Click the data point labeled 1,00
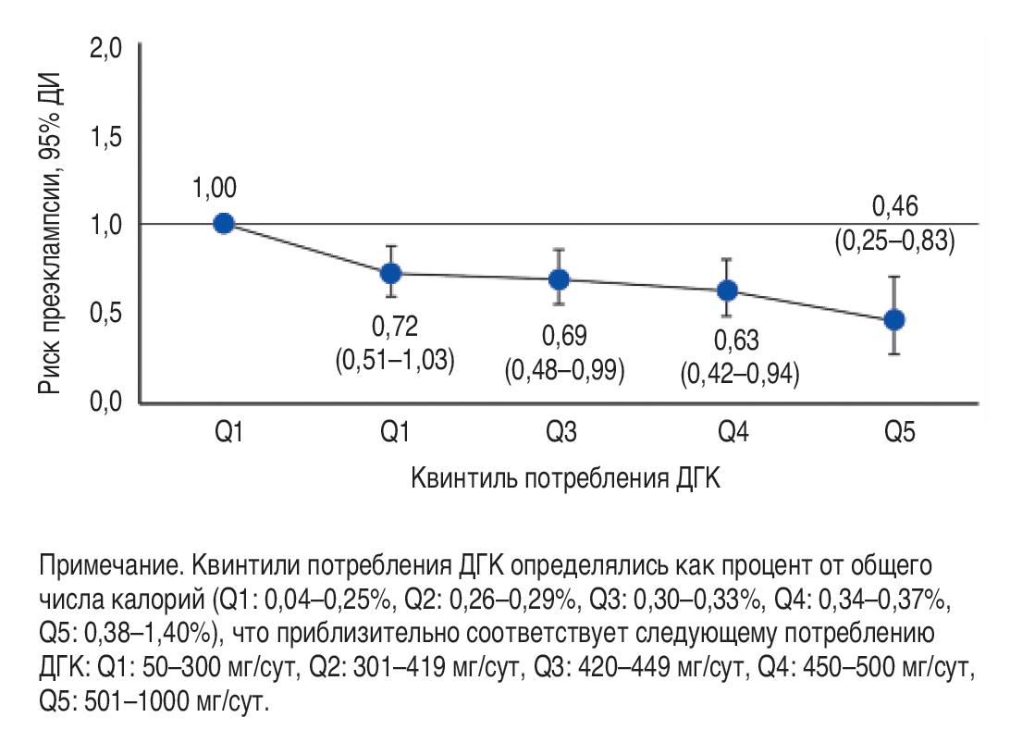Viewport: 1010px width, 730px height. click(223, 223)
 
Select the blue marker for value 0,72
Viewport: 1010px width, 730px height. click(391, 273)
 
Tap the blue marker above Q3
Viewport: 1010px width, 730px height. click(559, 278)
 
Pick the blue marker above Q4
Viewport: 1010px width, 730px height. click(727, 291)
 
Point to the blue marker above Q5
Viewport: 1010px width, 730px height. click(894, 319)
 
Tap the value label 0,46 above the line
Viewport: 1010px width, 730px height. click(894, 204)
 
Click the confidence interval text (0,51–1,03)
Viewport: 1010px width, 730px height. click(395, 359)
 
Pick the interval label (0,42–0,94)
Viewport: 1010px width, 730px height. click(740, 375)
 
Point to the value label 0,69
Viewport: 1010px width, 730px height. click(564, 334)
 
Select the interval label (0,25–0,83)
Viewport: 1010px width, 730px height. click(894, 241)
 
